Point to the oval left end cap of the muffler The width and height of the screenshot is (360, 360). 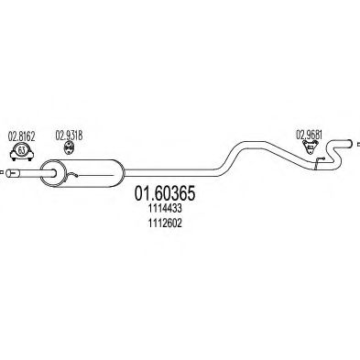(51, 171)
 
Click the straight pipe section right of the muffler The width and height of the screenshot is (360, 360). (174, 171)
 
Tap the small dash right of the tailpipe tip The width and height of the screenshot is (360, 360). (355, 144)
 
